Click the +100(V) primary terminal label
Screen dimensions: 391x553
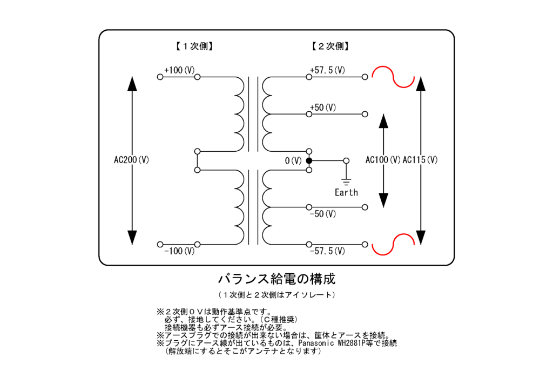(179, 70)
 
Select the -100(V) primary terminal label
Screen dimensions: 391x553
(179, 251)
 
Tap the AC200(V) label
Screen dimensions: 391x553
(131, 160)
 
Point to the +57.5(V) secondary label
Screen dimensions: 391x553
(327, 70)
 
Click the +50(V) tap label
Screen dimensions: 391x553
(323, 107)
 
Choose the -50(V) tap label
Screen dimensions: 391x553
(323, 214)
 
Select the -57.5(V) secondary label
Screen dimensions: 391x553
(327, 251)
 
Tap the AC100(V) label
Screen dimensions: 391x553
(383, 160)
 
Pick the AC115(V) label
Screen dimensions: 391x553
(420, 160)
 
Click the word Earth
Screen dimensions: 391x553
(346, 192)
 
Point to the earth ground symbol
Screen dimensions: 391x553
(346, 181)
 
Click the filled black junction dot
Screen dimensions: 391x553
(309, 161)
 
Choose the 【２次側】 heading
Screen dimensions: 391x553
(330, 46)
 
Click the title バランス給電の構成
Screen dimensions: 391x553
(276, 279)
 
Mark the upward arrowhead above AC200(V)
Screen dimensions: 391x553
(131, 84)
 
